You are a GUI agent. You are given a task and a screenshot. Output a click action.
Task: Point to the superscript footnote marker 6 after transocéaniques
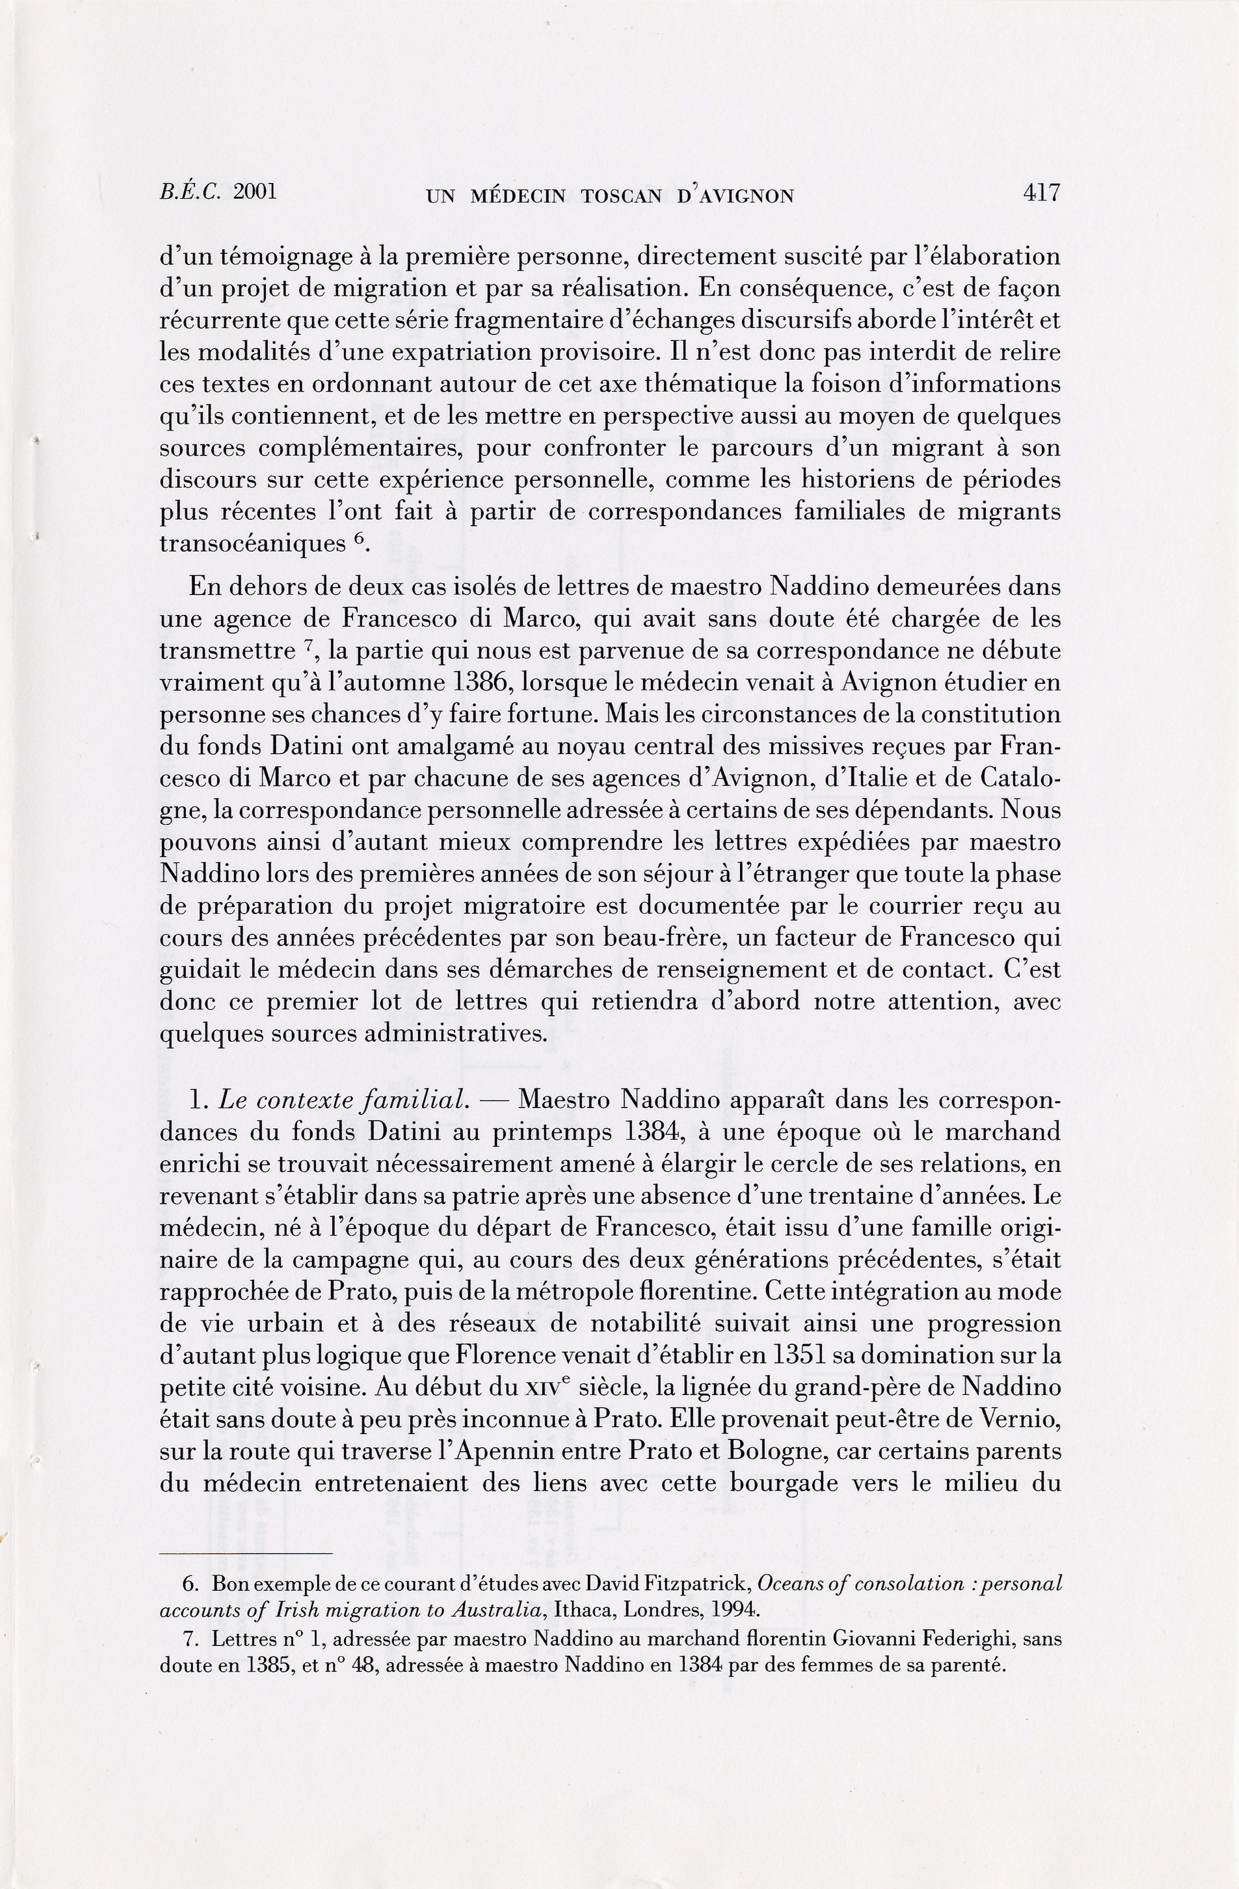358,537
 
